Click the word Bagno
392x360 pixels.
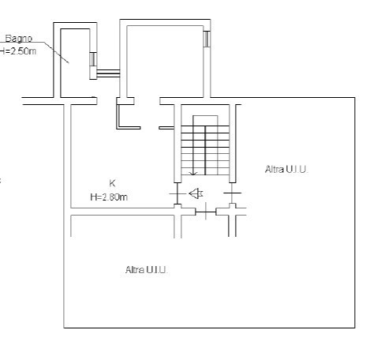[x=19, y=38]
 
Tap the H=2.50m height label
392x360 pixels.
[x=17, y=50]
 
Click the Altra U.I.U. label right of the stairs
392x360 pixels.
[x=286, y=169]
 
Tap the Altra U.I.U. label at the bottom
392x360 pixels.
[x=147, y=270]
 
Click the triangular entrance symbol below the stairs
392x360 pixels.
[x=196, y=193]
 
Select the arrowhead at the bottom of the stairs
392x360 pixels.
[x=192, y=172]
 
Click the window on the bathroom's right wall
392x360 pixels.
[x=93, y=58]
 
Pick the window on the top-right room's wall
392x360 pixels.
[x=207, y=38]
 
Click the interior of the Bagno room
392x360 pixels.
[x=76, y=63]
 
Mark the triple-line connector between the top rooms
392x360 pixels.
[x=108, y=73]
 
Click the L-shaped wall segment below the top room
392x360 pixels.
[x=122, y=118]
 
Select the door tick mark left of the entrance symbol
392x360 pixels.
[x=174, y=193]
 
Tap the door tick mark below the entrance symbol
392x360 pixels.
[x=206, y=211]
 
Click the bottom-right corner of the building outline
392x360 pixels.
[x=354, y=327]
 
